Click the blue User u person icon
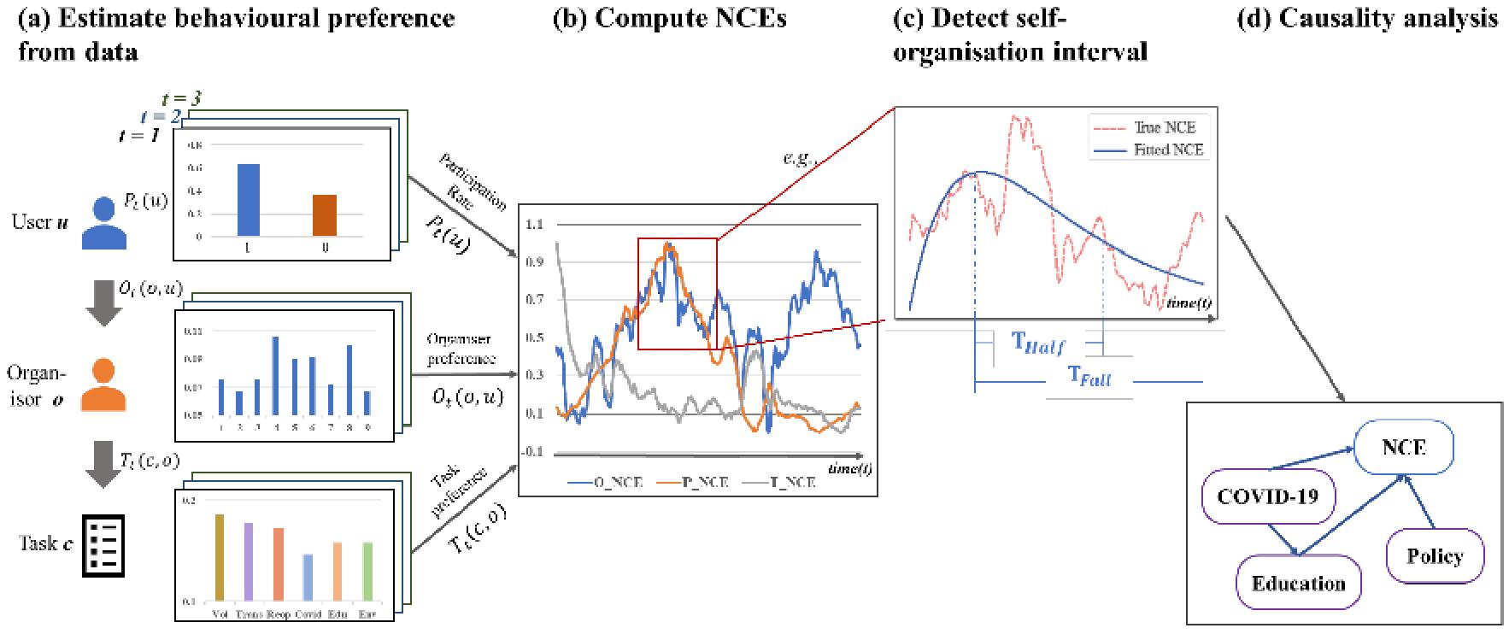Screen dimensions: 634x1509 point(103,223)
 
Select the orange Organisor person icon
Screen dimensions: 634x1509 point(103,385)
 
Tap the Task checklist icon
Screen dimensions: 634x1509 point(103,545)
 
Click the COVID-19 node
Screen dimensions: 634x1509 point(1267,496)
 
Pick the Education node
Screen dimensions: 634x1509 point(1298,584)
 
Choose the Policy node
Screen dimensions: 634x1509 point(1435,556)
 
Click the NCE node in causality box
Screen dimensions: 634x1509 point(1403,447)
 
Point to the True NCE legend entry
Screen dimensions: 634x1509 point(1163,127)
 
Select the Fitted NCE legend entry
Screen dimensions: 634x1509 point(1167,150)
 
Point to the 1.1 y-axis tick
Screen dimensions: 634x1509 point(535,225)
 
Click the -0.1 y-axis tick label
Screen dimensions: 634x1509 point(534,452)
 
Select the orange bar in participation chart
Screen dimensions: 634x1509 point(324,215)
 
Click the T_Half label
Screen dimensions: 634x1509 point(1038,343)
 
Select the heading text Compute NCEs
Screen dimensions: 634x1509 point(670,20)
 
